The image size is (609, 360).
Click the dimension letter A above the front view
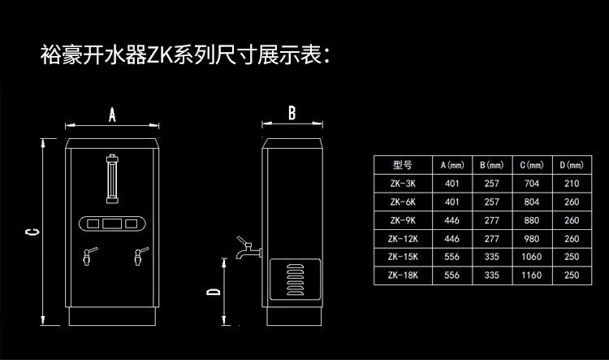point(112,115)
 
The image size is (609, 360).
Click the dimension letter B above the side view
point(292,113)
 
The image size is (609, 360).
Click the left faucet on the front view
point(85,257)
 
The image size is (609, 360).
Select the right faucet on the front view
point(138,257)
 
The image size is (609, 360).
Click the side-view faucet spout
point(246,249)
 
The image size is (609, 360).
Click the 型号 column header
point(404,165)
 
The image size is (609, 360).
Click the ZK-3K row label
point(404,184)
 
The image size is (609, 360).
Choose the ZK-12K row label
point(404,238)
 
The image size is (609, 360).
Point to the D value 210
point(571,184)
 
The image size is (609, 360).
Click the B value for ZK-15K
point(491,257)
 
